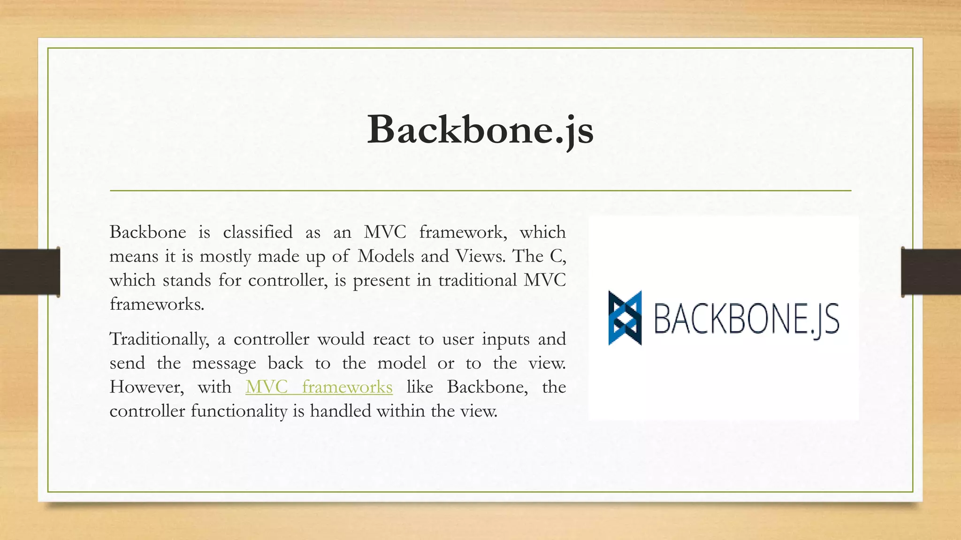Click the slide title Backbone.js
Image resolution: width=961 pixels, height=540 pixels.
(480, 129)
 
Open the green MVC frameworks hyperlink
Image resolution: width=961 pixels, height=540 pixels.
(319, 387)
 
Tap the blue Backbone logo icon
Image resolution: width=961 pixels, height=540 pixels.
(625, 318)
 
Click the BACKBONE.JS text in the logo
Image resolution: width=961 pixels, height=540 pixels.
(746, 319)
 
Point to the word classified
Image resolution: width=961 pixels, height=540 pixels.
(258, 232)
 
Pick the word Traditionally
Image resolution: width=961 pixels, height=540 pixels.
(159, 339)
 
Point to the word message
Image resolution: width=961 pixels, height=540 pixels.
(224, 363)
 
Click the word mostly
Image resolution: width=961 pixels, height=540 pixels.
(225, 256)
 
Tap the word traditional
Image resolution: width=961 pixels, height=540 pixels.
(477, 280)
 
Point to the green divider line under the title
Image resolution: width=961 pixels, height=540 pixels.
(480, 191)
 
